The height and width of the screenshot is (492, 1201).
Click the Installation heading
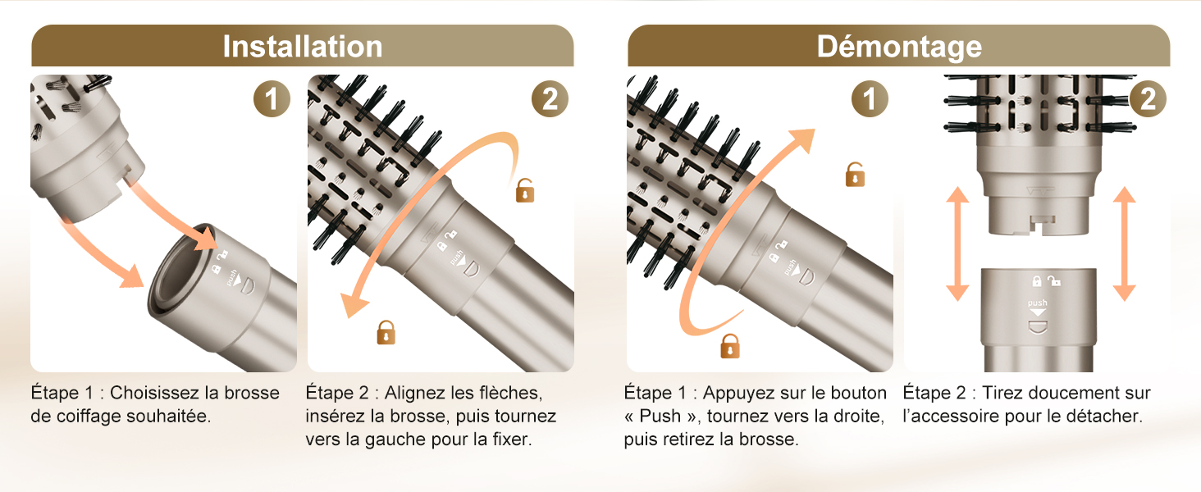pos(302,46)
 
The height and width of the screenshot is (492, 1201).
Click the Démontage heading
pos(899,46)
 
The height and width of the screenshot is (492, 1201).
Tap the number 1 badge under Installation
pos(271,100)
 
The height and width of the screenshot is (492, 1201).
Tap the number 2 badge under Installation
pos(549,100)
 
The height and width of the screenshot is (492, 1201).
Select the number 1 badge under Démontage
pos(869,100)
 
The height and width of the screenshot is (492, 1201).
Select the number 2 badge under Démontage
pos(1147,100)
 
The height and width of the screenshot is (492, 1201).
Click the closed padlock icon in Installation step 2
pos(386,332)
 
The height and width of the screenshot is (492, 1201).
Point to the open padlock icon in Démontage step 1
pos(855,175)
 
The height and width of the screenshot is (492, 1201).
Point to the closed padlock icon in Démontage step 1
pos(729,346)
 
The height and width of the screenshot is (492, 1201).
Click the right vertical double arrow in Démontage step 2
pos(1125,244)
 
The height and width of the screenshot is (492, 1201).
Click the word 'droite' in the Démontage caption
pos(858,416)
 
